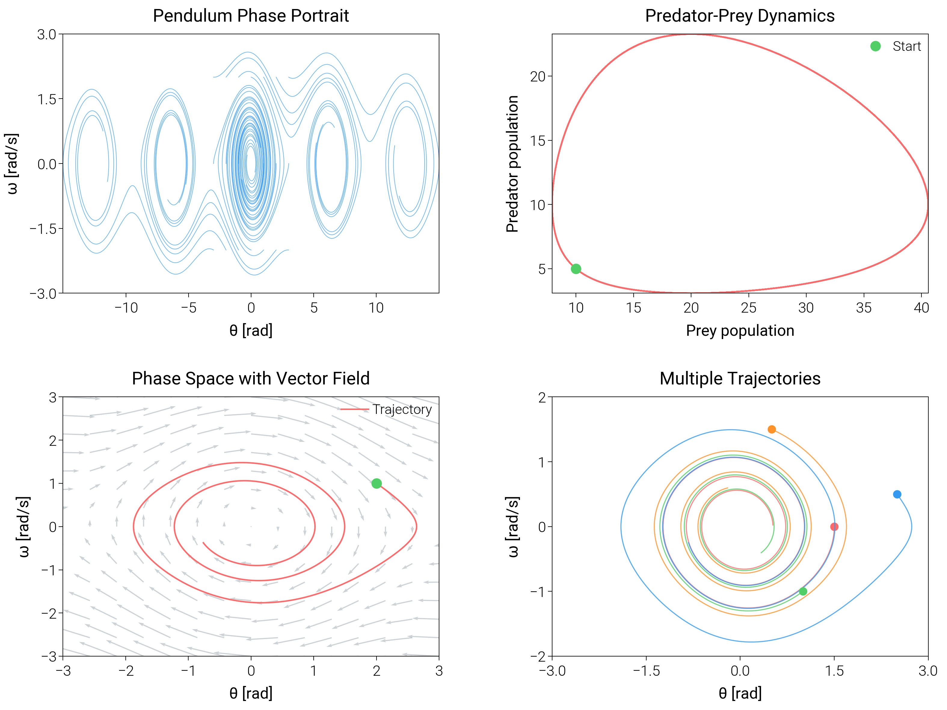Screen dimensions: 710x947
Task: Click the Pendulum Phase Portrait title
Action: click(x=251, y=16)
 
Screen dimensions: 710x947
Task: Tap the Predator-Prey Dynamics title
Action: click(x=739, y=16)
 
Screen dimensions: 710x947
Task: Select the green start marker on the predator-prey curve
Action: click(x=576, y=269)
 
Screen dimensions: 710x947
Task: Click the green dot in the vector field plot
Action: click(x=376, y=484)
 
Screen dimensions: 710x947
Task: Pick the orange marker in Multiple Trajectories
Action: click(x=771, y=429)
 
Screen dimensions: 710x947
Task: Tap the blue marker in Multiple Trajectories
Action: click(x=897, y=494)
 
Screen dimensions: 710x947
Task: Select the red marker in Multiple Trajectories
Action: click(x=834, y=527)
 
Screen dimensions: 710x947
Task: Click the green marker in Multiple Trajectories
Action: click(x=803, y=592)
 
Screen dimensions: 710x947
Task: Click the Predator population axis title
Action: click(x=512, y=164)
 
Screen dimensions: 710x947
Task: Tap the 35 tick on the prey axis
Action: click(x=863, y=308)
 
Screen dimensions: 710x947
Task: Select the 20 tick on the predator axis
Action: click(x=538, y=77)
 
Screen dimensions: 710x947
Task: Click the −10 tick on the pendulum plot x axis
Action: click(x=126, y=308)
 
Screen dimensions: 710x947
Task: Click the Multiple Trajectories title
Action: click(x=739, y=379)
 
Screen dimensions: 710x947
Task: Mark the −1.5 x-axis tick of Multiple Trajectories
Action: click(x=646, y=671)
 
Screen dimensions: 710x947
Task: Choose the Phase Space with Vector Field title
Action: click(x=251, y=379)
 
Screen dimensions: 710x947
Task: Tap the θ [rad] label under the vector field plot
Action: click(x=251, y=693)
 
